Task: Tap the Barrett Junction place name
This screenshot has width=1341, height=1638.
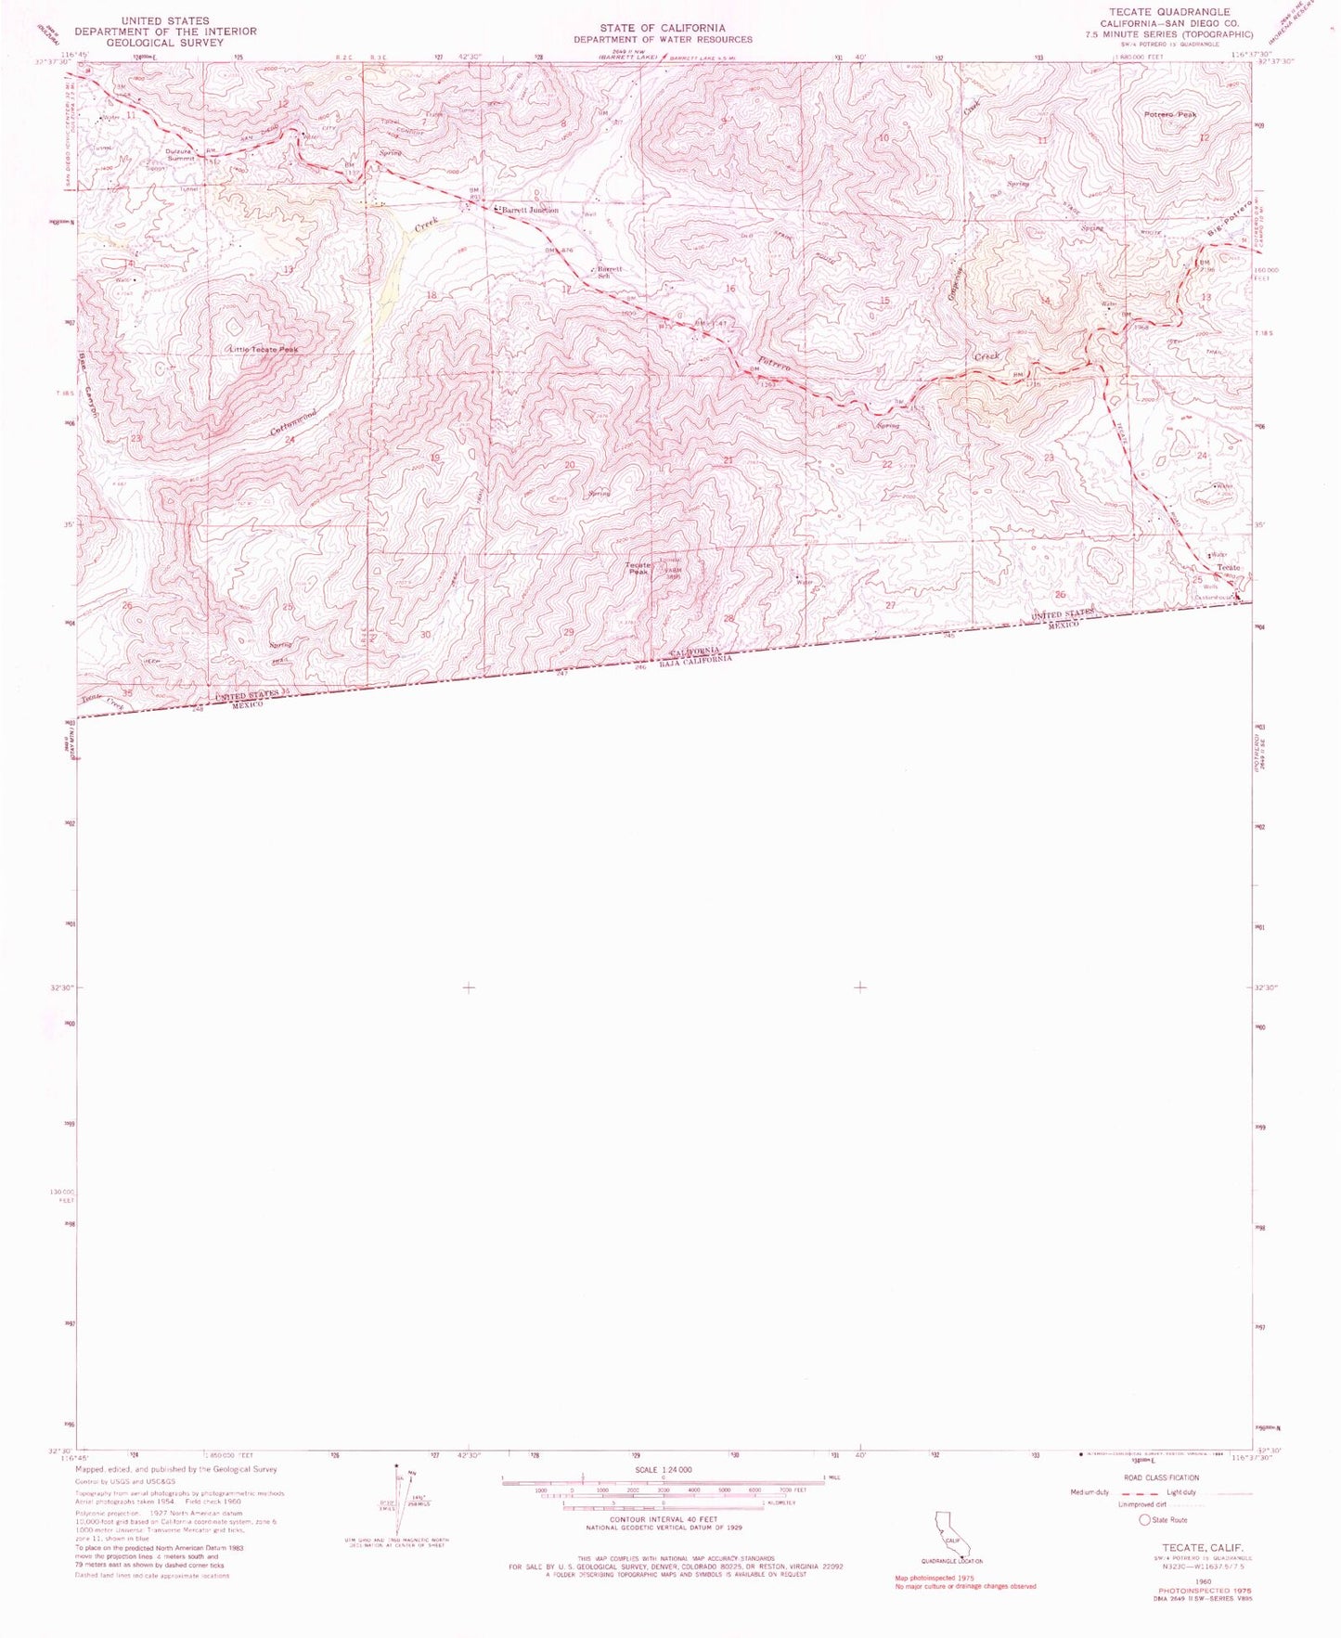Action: point(531,211)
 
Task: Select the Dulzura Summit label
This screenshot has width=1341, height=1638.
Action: point(181,155)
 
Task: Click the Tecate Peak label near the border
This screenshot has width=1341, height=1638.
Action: point(638,568)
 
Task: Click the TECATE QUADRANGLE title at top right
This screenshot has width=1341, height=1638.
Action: point(1176,12)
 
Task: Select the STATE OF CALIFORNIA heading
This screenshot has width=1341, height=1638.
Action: point(662,28)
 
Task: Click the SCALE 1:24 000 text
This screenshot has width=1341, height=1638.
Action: point(663,1471)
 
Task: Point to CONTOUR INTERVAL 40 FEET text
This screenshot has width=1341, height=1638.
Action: point(663,1519)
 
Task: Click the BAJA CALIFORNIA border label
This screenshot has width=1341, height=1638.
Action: point(696,659)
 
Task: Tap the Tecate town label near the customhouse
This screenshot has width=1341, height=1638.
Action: point(1228,567)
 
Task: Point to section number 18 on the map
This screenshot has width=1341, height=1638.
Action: point(431,295)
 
